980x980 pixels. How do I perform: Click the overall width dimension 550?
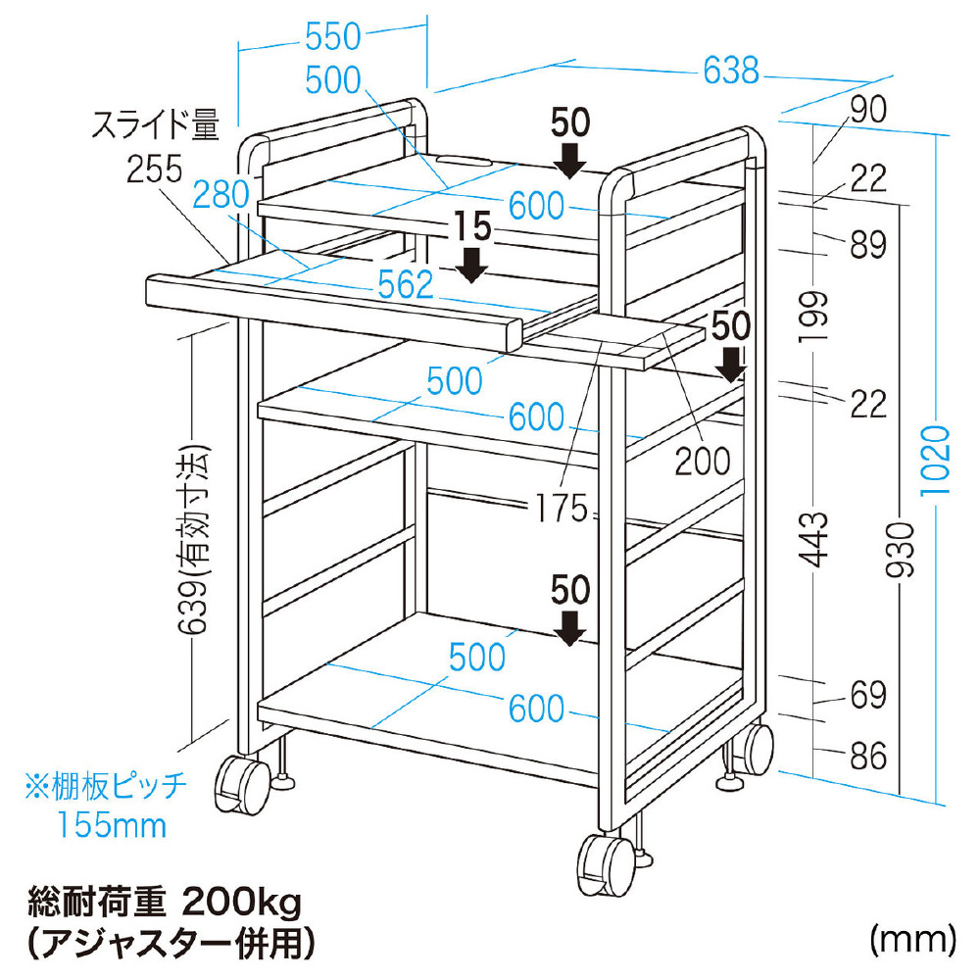point(333,37)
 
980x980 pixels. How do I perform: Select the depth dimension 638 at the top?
point(731,70)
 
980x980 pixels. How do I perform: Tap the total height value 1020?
point(936,460)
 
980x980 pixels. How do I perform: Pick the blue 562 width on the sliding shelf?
point(406,285)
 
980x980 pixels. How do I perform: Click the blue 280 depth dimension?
point(220,194)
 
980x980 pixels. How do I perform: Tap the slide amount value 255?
point(155,169)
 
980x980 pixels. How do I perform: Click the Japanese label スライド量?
point(156,125)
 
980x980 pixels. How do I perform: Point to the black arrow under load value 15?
point(472,265)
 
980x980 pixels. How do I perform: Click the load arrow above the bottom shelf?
point(569,628)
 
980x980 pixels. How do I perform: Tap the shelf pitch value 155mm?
point(112,825)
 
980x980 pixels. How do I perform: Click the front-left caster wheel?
point(241,785)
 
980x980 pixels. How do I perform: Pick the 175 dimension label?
point(562,508)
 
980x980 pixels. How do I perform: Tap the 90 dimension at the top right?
point(868,110)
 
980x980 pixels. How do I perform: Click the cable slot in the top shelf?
point(464,161)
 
